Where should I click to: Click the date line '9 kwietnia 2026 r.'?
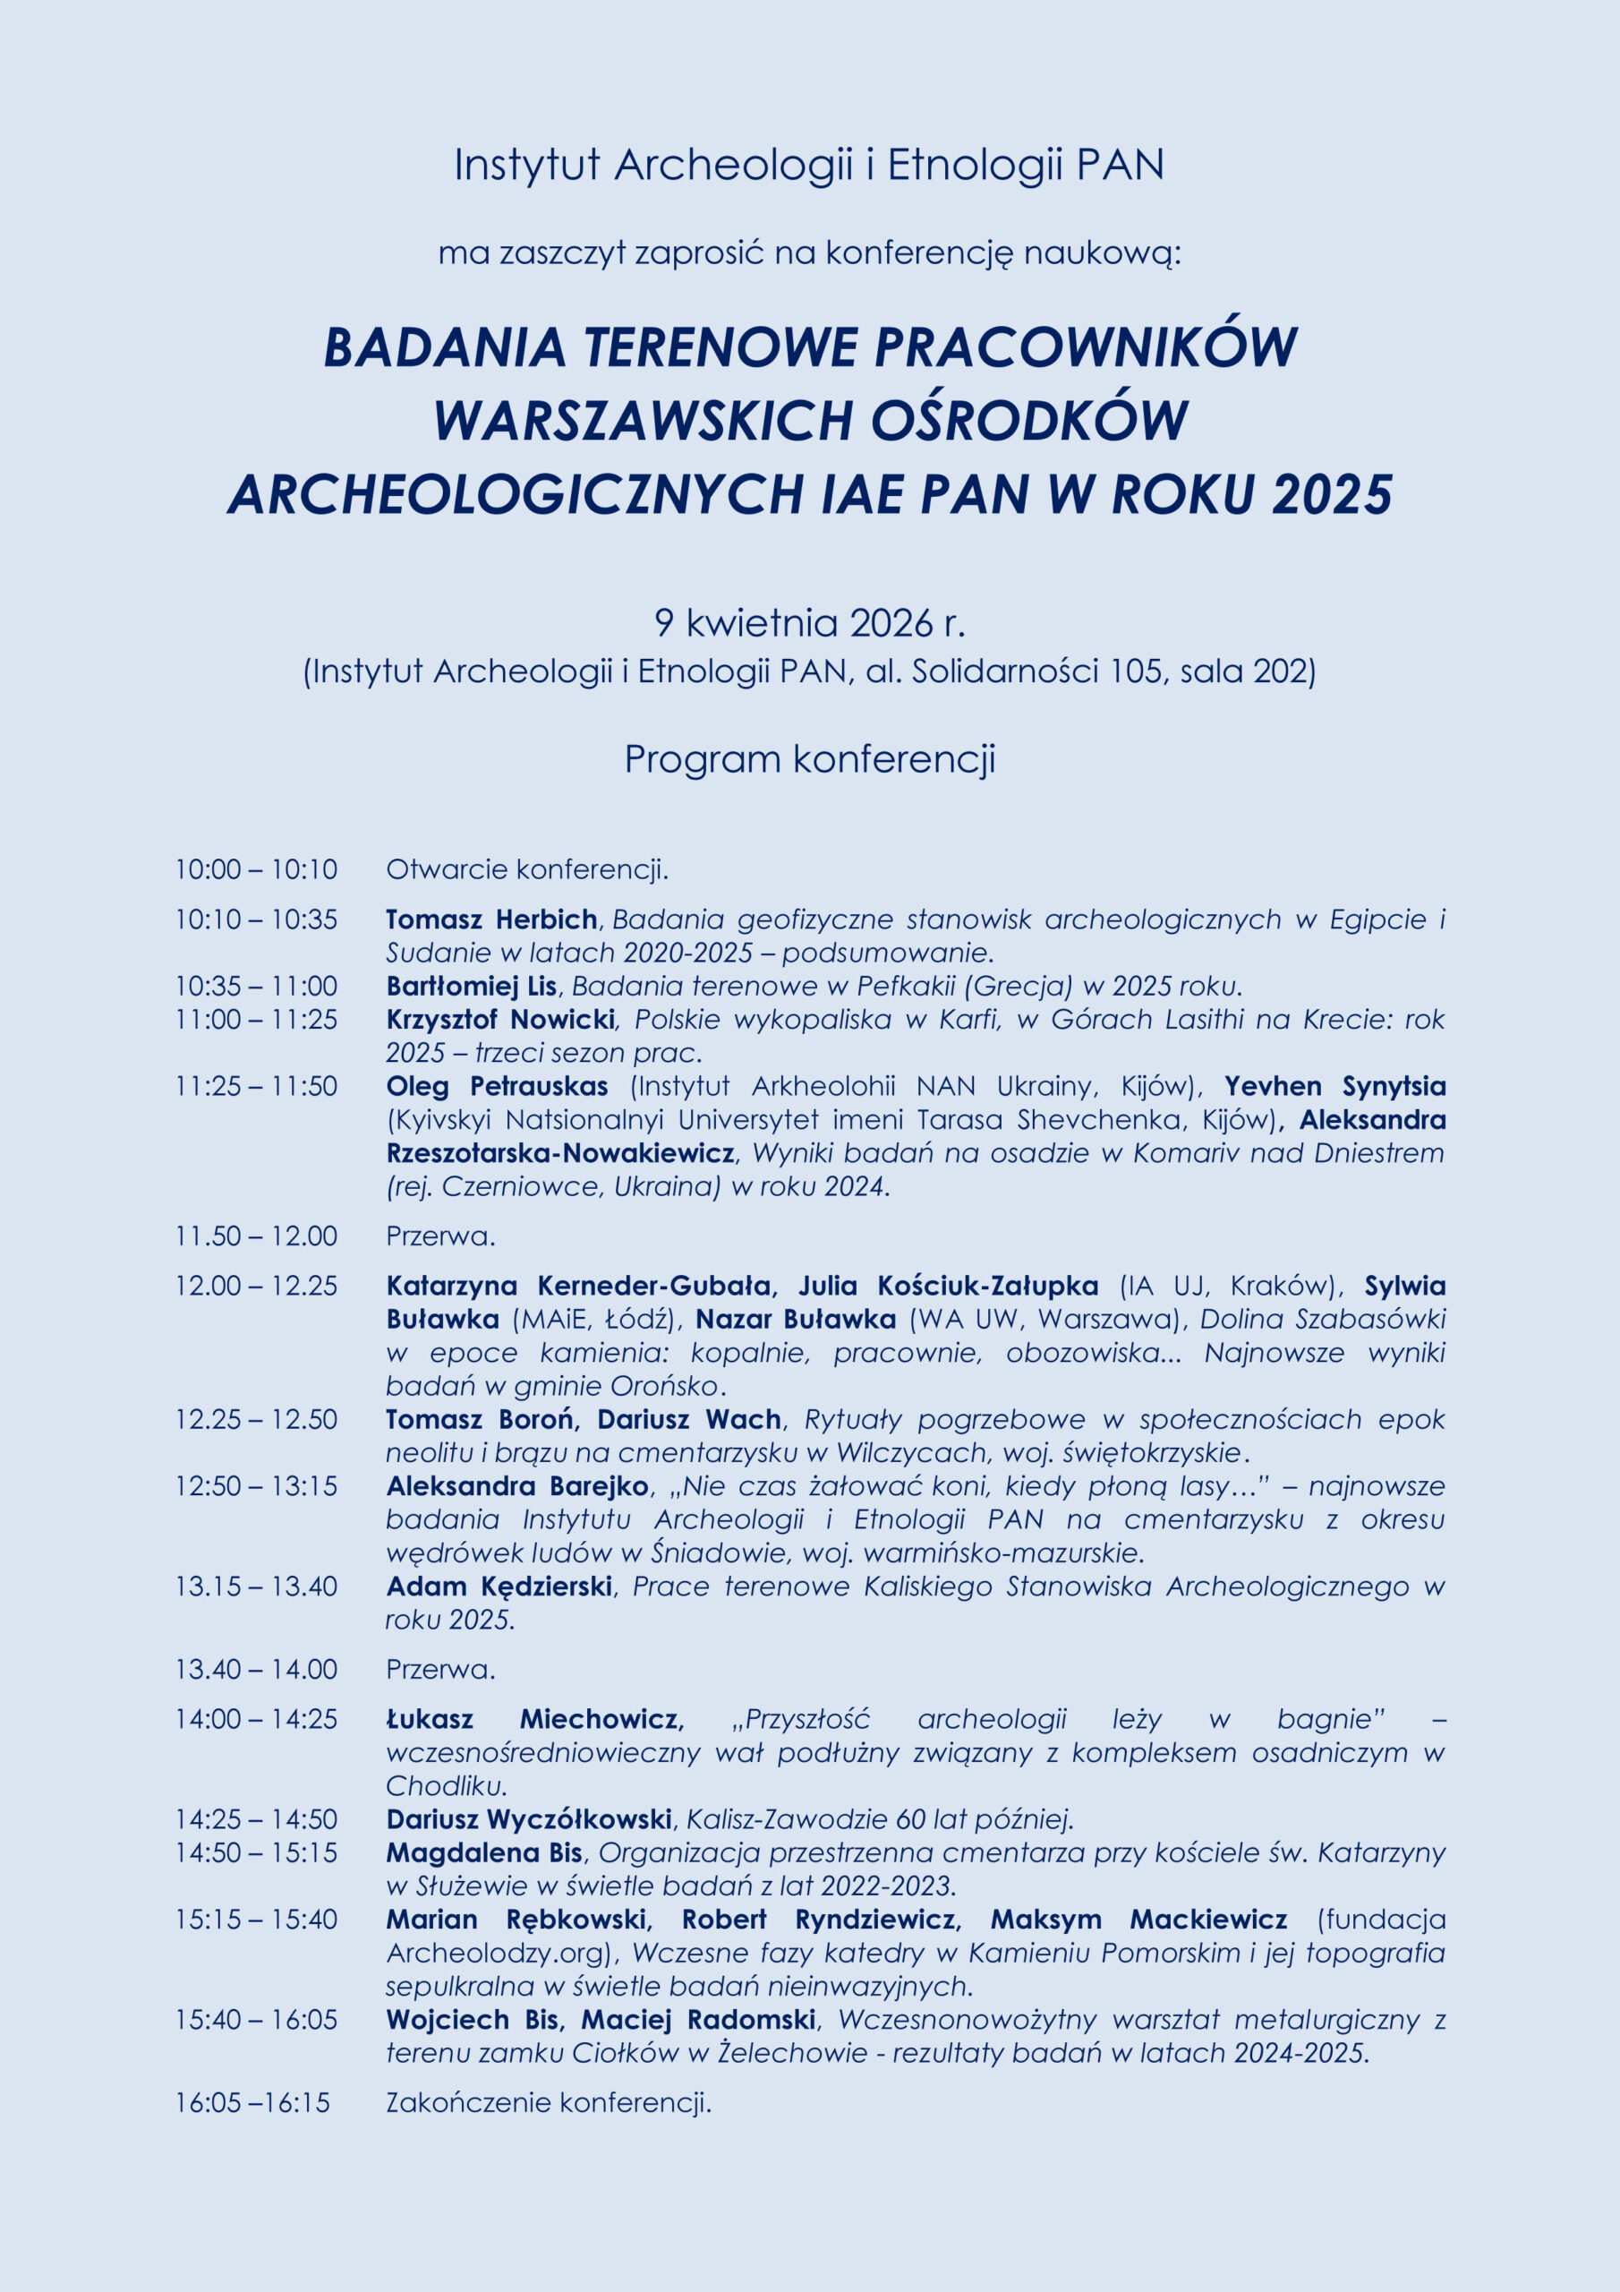(809, 623)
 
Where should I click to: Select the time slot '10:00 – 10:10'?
(257, 869)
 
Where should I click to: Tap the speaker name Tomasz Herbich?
(491, 919)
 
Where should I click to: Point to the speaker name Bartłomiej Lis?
(471, 987)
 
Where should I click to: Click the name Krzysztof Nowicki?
(500, 1019)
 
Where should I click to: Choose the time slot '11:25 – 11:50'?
(257, 1086)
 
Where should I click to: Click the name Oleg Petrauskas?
(497, 1086)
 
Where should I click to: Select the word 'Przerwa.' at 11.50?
(440, 1236)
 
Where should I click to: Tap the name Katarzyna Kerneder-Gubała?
(578, 1286)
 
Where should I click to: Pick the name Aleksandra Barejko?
(517, 1485)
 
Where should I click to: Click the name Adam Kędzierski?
(499, 1586)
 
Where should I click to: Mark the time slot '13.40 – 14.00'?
(257, 1669)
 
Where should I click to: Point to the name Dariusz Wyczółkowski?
(528, 1818)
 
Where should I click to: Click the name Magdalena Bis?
(484, 1852)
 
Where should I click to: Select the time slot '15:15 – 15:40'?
(257, 1919)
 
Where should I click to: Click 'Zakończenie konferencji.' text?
(548, 2102)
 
